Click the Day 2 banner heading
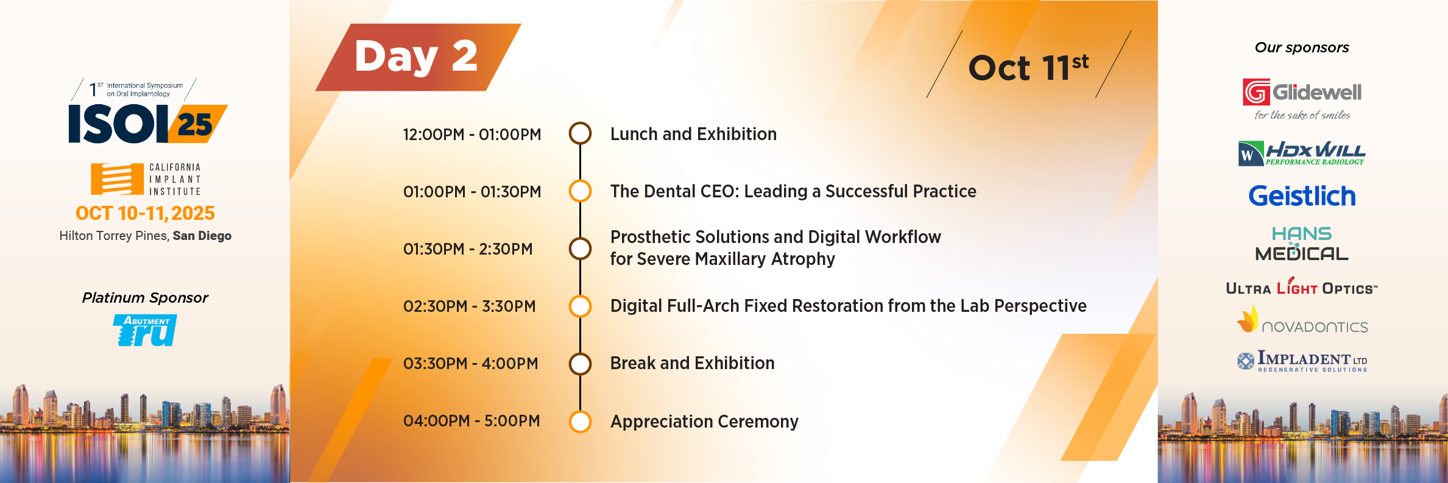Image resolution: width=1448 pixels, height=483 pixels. tap(416, 57)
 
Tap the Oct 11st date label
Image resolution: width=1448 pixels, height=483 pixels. tap(1028, 67)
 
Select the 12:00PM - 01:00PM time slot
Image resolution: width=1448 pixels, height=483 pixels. tap(472, 135)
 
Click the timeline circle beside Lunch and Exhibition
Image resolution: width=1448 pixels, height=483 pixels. tap(580, 133)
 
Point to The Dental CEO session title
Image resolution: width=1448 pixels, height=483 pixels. tap(793, 191)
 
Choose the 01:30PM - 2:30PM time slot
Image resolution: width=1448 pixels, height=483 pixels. tap(468, 249)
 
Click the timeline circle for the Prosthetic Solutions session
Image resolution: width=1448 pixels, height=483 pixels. tap(580, 249)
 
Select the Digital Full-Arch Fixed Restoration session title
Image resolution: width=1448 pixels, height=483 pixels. tap(849, 306)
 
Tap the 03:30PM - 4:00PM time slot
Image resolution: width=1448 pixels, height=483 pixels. tap(471, 364)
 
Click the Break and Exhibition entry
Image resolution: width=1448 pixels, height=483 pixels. tap(693, 363)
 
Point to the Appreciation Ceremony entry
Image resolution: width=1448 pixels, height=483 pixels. tap(704, 421)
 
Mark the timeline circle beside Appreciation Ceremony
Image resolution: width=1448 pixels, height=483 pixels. tap(580, 421)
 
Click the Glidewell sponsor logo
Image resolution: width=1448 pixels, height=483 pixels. tap(1302, 99)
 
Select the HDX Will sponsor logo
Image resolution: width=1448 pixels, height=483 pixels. tap(1302, 153)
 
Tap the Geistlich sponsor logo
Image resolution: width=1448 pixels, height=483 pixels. tap(1302, 196)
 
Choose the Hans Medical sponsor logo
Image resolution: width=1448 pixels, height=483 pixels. tap(1302, 244)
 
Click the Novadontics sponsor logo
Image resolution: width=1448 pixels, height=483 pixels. tap(1302, 320)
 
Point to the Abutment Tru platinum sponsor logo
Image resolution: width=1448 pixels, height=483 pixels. tap(145, 330)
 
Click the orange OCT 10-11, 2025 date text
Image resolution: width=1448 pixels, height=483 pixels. tap(145, 213)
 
